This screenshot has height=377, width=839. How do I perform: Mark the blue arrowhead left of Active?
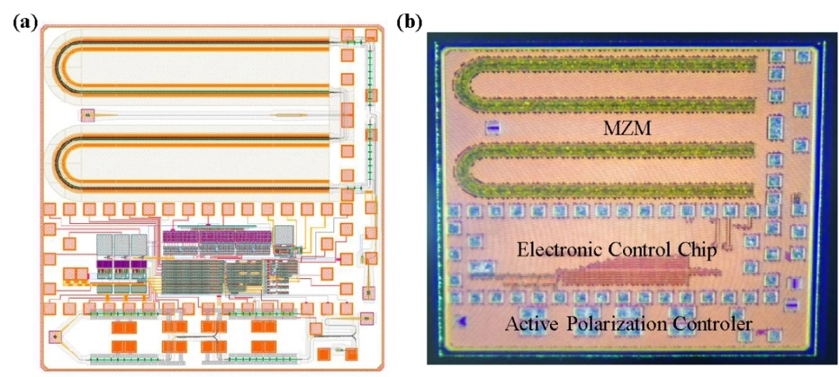point(462,321)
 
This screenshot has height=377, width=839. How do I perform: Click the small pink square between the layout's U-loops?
point(87,117)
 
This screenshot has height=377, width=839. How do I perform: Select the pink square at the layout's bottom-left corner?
point(55,337)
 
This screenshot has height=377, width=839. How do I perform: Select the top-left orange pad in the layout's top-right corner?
point(346,36)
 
